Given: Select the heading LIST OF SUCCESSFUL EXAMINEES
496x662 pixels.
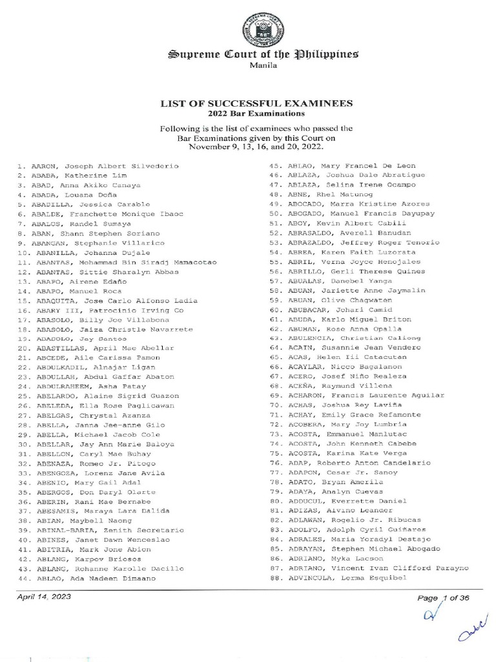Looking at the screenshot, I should click(x=256, y=103).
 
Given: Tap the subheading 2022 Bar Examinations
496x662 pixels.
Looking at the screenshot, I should click(x=256, y=113).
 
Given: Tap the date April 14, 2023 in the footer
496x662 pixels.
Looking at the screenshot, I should click(x=44, y=597).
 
